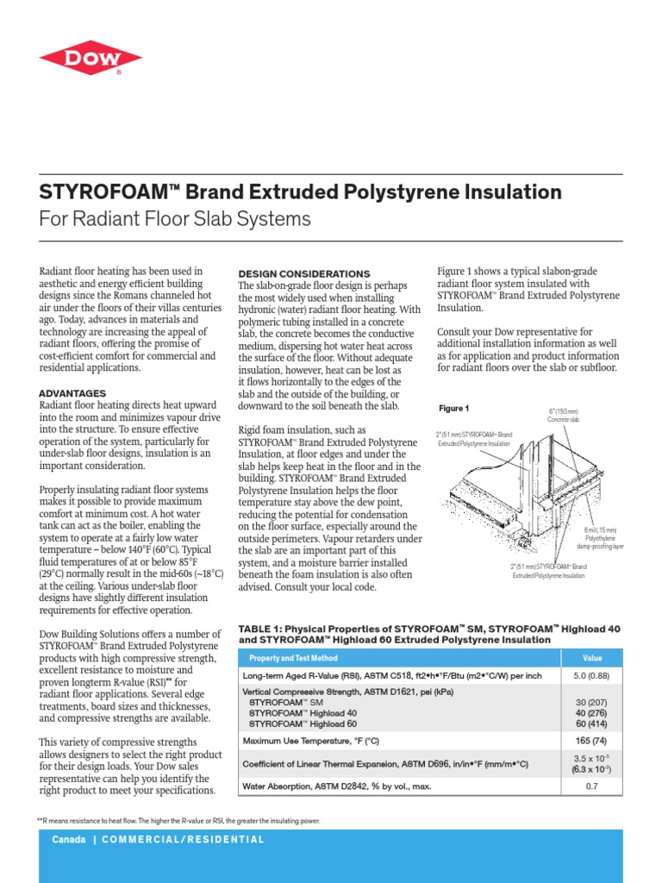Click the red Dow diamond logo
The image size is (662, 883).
(91, 57)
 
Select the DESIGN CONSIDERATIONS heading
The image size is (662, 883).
(303, 273)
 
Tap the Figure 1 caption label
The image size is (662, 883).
(453, 408)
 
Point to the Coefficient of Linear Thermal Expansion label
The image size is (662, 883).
(385, 763)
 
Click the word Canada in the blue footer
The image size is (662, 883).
(69, 839)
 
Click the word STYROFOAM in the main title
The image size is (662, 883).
(97, 192)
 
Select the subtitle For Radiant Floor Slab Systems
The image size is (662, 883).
(175, 219)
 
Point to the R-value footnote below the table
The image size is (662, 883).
(178, 821)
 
